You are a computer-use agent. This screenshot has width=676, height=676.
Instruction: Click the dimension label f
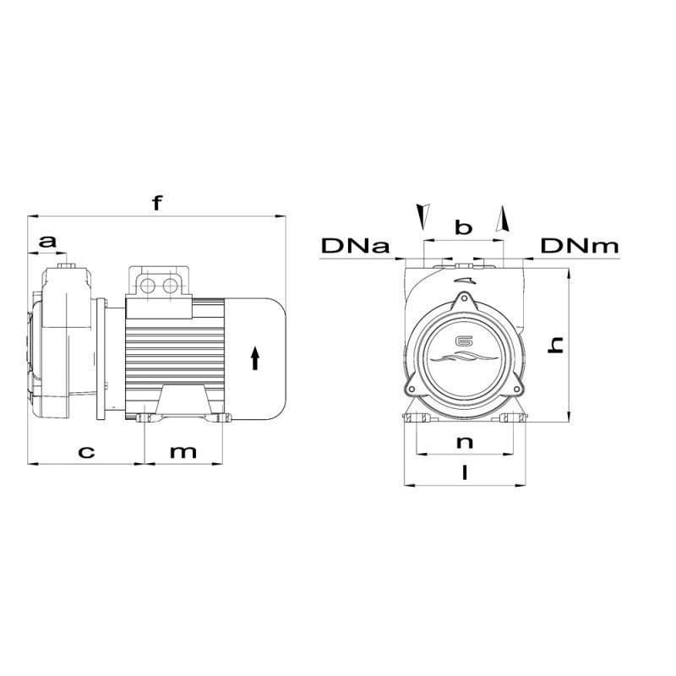155,203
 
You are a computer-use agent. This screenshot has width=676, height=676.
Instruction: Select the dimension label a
49,242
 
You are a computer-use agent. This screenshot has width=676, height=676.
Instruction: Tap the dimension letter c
85,451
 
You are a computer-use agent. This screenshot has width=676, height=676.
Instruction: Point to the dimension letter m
183,451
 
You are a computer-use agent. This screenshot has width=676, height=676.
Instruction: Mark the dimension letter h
555,343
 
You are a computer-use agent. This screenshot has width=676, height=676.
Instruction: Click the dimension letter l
463,473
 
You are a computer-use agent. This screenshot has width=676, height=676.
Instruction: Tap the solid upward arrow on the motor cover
255,359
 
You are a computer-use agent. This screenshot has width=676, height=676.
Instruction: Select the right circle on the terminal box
172,285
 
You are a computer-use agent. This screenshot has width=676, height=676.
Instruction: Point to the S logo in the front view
462,343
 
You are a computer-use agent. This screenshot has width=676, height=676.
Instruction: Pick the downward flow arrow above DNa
420,215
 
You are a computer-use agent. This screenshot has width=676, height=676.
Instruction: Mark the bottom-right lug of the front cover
515,387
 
